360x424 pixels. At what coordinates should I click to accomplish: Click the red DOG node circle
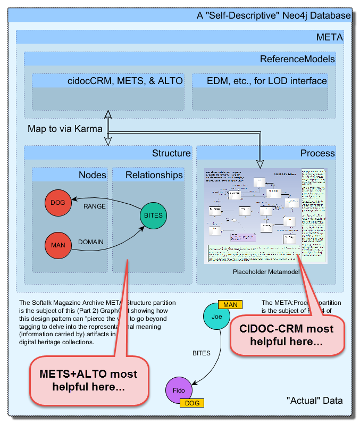coord(57,203)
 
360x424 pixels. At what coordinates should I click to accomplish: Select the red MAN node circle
coord(57,246)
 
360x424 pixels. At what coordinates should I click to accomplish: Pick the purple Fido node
coord(178,391)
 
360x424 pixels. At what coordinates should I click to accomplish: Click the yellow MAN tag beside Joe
coord(230,304)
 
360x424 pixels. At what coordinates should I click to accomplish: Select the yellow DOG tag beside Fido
coord(192,403)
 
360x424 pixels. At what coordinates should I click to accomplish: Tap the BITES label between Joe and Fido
coord(202,353)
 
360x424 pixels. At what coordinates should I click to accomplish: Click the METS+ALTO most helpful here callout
coord(88,380)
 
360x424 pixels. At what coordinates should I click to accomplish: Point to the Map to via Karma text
coord(65,129)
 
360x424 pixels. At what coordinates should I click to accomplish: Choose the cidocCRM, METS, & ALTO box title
coord(125,81)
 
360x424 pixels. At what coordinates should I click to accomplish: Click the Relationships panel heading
coord(154,175)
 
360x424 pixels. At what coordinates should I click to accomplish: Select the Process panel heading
coord(317,153)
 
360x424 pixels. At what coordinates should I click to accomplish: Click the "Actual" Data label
coord(314,400)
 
